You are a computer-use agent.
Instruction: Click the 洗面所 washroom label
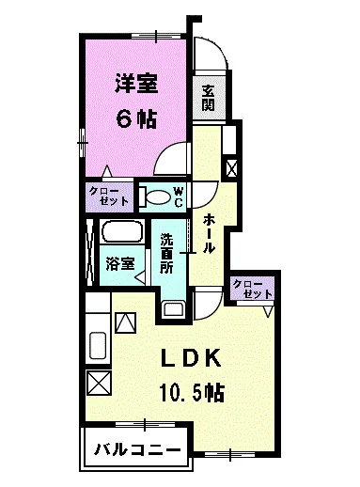click(x=166, y=253)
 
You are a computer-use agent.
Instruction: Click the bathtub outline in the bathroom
click(x=119, y=234)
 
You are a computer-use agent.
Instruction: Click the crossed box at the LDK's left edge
click(x=97, y=384)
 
